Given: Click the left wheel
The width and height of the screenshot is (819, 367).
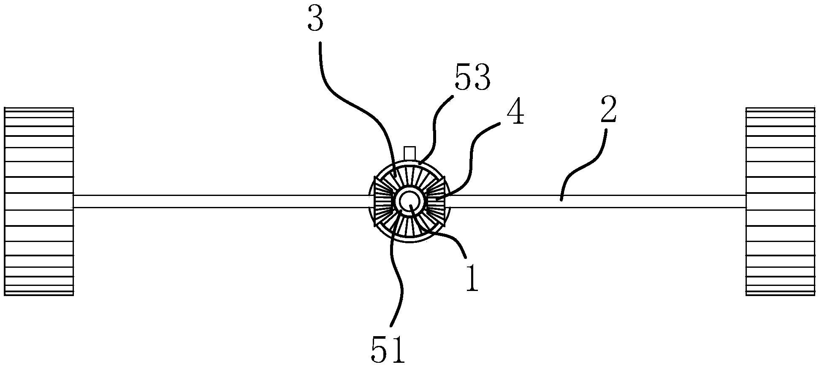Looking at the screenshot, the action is pos(39,201).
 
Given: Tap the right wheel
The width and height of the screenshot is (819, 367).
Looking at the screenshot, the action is pos(780,201).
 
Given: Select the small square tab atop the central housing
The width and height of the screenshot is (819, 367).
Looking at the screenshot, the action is pos(410,152).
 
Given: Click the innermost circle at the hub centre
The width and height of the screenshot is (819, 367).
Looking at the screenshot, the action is pos(409,202).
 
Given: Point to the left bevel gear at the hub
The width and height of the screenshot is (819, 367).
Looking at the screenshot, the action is pos(383,201).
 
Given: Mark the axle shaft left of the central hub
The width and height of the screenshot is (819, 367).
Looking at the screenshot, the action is pos(220,201).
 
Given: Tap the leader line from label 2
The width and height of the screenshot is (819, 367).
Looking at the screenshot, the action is pos(587,165).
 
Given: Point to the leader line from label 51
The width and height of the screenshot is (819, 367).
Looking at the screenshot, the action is pos(399,275).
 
